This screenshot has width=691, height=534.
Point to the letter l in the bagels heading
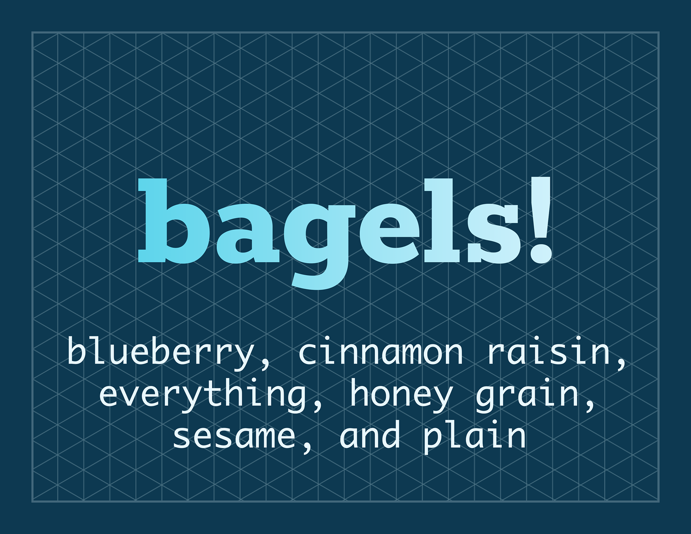pos(442,220)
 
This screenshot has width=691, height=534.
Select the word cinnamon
pos(380,352)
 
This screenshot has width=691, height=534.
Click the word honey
pos(401,394)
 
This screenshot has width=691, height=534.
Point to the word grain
pos(527,394)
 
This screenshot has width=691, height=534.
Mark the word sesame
pos(234,436)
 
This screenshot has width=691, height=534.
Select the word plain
pos(474,436)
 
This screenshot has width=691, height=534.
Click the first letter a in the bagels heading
pos(248,234)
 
